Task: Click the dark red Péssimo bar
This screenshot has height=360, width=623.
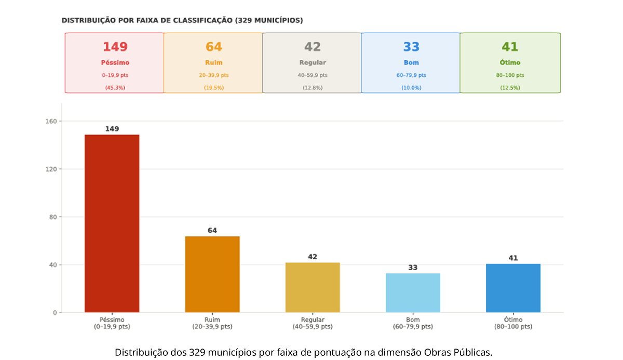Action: coord(112,223)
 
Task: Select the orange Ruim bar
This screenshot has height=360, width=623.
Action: coord(212,274)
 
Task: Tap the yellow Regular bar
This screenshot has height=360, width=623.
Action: coord(313,287)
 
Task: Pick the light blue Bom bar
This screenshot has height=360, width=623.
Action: coord(413,292)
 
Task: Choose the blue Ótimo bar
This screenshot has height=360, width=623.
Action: coord(513,288)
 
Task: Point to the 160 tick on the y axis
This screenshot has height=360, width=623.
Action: coord(52,122)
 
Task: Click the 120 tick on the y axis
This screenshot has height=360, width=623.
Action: coord(52,169)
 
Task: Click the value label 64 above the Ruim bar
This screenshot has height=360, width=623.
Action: coord(212,230)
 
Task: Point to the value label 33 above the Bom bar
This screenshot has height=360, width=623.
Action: coord(413,268)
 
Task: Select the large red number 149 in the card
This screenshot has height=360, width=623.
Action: coord(115,47)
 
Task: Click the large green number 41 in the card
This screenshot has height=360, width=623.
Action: coord(510,47)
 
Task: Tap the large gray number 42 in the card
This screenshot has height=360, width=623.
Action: coord(313,47)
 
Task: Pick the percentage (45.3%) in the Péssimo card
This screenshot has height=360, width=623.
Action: coord(115,88)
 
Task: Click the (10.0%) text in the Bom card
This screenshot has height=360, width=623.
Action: coord(411,88)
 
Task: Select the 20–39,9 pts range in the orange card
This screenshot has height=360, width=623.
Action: coord(213,75)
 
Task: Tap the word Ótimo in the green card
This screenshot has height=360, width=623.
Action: coord(510,62)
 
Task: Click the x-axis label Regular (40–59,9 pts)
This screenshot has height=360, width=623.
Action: coord(313,323)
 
